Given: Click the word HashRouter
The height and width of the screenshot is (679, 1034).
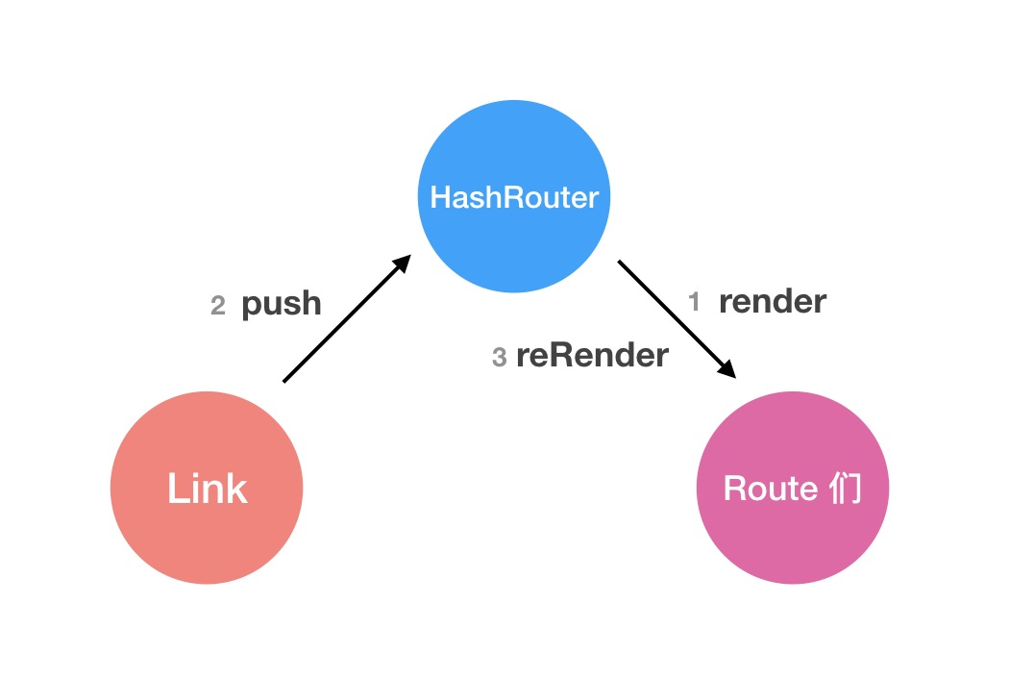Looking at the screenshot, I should [x=513, y=198].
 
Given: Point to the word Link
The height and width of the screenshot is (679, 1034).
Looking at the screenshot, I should [x=207, y=489].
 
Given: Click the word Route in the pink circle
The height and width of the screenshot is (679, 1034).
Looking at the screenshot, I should [x=770, y=489].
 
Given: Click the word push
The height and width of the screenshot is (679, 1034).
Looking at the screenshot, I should [x=281, y=304].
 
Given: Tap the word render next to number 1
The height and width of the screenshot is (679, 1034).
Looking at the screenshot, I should [x=772, y=302].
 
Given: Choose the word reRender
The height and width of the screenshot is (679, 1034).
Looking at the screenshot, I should [x=592, y=356].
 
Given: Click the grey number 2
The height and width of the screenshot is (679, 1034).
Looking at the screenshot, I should [x=218, y=306].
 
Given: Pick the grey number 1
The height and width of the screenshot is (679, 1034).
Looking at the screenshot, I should [x=695, y=302].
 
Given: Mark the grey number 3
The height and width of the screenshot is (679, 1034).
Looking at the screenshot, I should [x=499, y=358].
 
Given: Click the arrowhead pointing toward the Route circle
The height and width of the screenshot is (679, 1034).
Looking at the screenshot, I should [x=727, y=368].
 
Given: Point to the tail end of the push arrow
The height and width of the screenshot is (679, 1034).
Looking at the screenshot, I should [x=285, y=380].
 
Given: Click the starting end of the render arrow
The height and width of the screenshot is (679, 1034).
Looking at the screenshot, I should [x=620, y=262].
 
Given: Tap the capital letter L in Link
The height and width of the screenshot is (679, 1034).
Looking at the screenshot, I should [x=175, y=489].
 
